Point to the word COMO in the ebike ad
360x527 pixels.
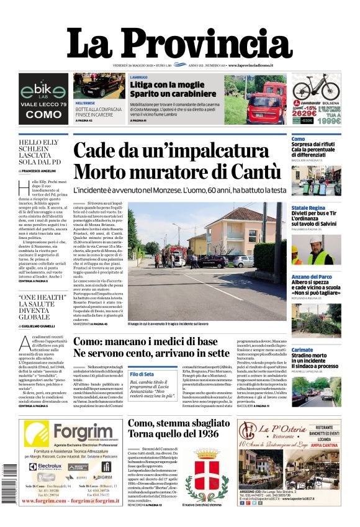point(43,115)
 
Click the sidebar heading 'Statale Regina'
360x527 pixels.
point(308,208)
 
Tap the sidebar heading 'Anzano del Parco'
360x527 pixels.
point(312,277)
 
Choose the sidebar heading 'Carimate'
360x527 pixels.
point(303,350)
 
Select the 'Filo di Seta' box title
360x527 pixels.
point(142,374)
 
